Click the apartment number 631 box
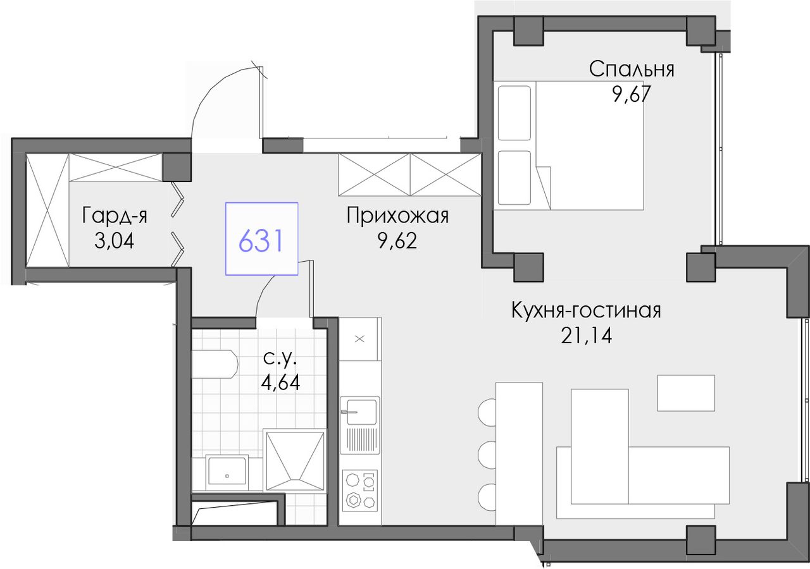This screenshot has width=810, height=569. [x=261, y=239]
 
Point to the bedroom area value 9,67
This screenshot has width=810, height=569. [x=631, y=95]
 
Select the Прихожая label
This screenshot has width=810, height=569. [x=397, y=216]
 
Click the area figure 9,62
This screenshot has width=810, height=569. [x=397, y=241]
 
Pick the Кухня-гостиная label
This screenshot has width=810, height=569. [x=586, y=310]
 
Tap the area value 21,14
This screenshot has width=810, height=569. [x=586, y=336]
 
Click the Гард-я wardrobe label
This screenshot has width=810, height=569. [x=115, y=216]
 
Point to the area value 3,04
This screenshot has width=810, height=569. [x=115, y=241]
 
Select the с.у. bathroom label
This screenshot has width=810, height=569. [x=280, y=358]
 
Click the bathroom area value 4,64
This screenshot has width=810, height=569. [x=280, y=382]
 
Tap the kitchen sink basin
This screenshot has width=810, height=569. [x=361, y=412]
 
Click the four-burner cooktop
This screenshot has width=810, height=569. [x=359, y=490]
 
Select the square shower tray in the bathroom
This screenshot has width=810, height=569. [x=295, y=460]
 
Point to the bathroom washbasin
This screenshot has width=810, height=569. [x=227, y=469]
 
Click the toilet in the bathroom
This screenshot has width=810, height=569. [x=215, y=364]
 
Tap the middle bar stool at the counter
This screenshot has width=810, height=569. [x=487, y=455]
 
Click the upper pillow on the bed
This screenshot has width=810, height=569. [x=514, y=113]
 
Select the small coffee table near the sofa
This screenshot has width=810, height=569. [x=686, y=393]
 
